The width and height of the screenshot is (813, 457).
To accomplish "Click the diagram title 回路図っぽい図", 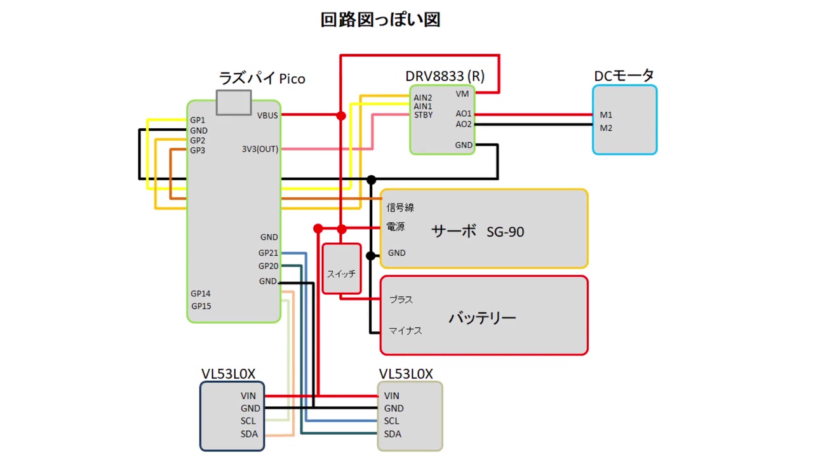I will tap(380, 20).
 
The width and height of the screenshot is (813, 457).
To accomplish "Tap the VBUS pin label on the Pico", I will tap(267, 116).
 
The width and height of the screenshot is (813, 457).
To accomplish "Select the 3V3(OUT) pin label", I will tap(260, 149).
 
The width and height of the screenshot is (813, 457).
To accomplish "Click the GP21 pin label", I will tap(268, 253).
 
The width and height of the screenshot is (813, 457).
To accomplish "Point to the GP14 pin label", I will tap(201, 294).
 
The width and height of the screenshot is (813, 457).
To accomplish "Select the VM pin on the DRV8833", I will tap(462, 94).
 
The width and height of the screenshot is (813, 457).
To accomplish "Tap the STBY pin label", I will tap(423, 116).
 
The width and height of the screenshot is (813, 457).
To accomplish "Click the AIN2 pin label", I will tap(423, 98).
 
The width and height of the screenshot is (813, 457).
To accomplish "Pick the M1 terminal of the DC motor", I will tap(606, 115).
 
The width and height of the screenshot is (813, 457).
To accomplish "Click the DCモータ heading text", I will tap(624, 76).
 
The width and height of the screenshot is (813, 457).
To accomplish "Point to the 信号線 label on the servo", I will tap(400, 208).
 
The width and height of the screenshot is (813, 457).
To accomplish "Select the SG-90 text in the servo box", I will tap(506, 232).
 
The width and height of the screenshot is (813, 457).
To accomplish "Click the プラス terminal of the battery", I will tap(401, 300).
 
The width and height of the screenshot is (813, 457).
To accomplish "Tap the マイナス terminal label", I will tap(405, 331).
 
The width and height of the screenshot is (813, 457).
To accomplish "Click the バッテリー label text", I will tap(483, 317).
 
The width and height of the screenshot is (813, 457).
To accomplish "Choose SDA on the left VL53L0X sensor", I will tap(249, 434).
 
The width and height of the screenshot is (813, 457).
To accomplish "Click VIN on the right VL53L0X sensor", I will tap(391, 396).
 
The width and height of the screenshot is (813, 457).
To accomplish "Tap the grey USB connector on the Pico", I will tap(233, 102).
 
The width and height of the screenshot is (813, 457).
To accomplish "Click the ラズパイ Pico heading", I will tap(262, 79).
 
